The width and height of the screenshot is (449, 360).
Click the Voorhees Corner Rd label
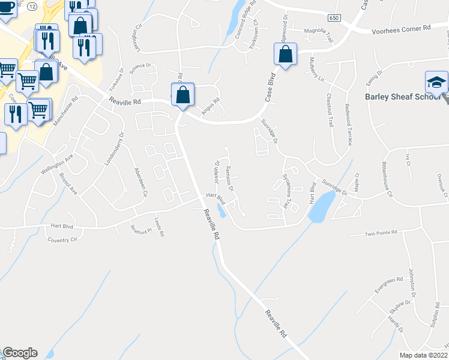coord(401,28)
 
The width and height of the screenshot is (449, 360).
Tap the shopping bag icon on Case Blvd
coord(286,55)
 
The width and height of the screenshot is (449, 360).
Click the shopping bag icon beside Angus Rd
coord(182,95)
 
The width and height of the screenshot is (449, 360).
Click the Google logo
coord(20,353)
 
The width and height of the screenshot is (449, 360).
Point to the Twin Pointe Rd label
coord(382,234)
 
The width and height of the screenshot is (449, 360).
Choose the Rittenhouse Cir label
coord(387,179)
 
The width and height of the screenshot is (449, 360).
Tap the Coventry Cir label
coord(62,239)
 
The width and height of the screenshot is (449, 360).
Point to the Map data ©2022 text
coord(423,355)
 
